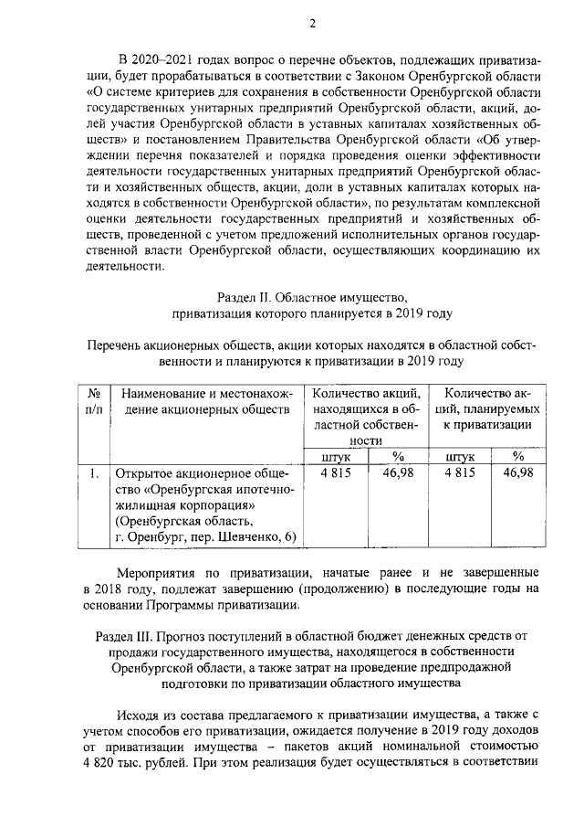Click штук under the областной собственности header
335,457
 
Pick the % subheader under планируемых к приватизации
517,457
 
